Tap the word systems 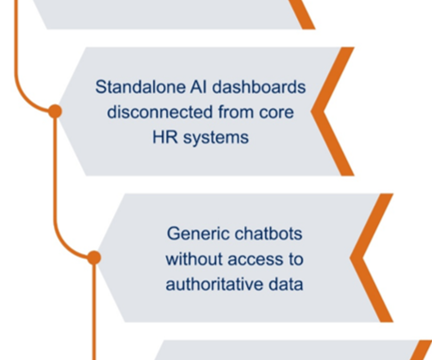(216, 138)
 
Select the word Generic (199, 234)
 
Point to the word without (194, 259)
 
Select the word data (286, 284)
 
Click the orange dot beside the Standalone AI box (55, 111)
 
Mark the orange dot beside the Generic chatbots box (94, 258)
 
